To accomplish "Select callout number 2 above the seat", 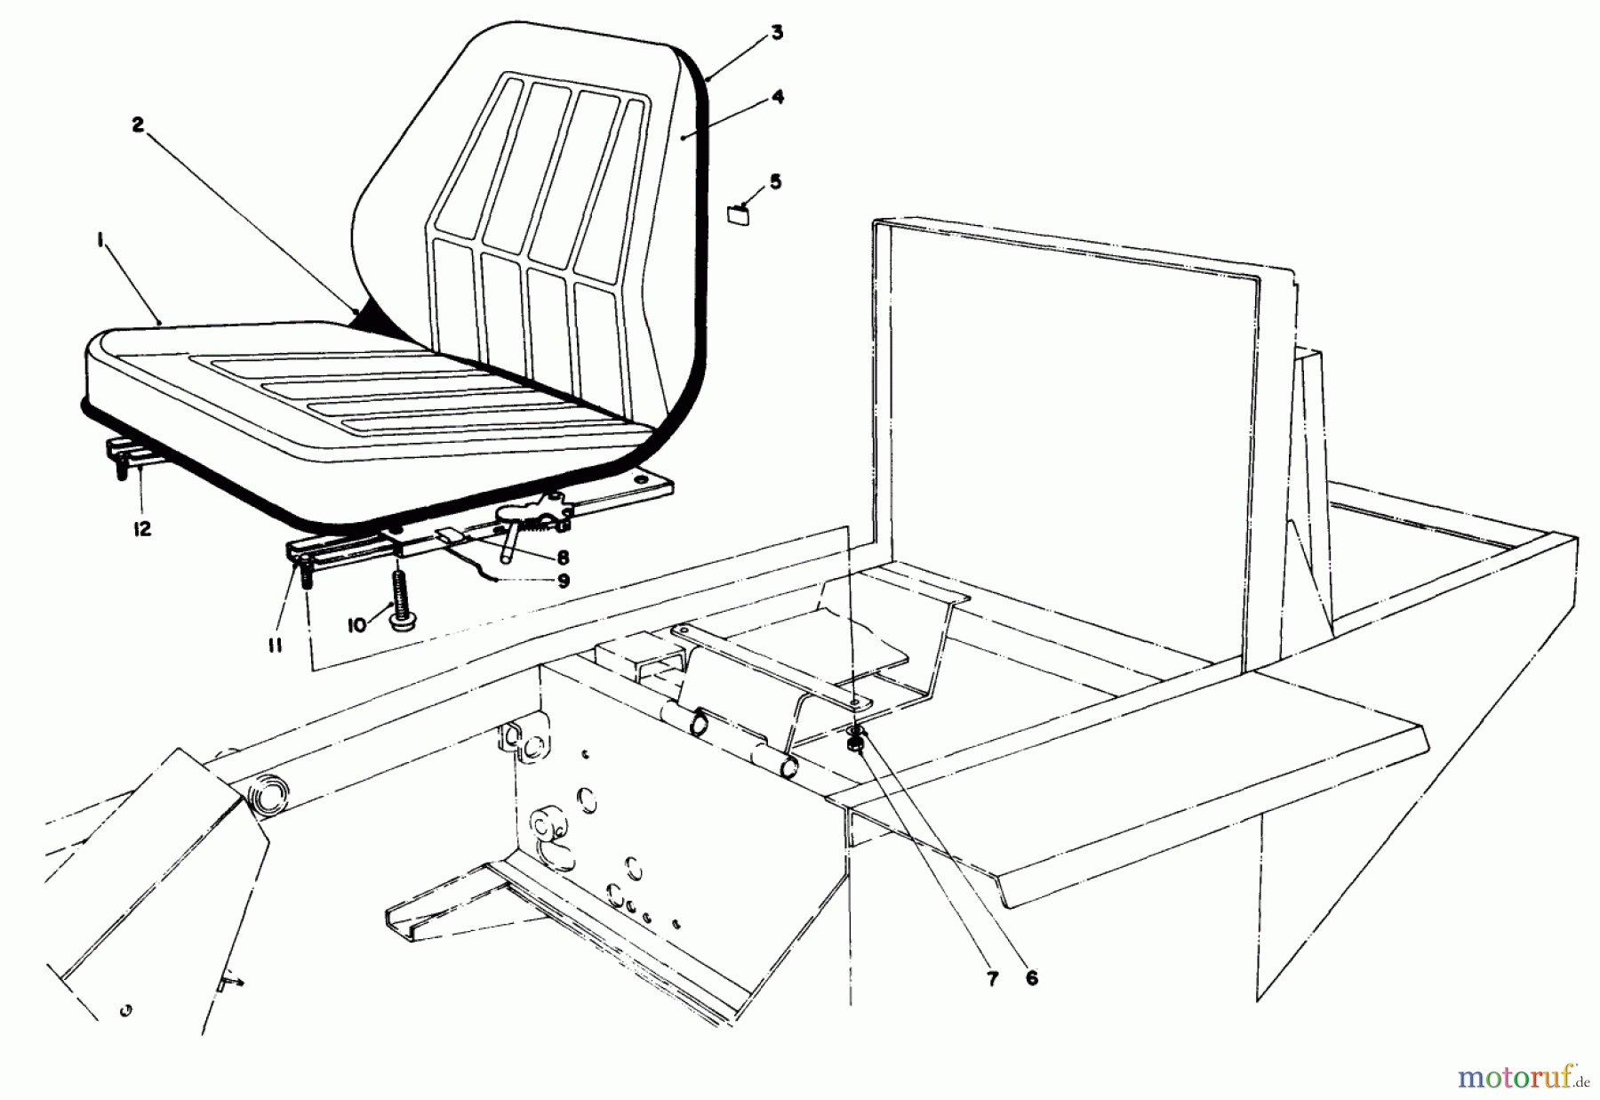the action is tap(138, 125).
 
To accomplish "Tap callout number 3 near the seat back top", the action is tap(777, 34).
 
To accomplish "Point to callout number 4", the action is tap(777, 99).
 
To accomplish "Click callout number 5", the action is tap(775, 182).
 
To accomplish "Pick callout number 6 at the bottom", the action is tap(1032, 977).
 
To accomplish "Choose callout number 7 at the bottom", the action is tap(992, 979).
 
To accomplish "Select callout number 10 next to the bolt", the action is tap(357, 625).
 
